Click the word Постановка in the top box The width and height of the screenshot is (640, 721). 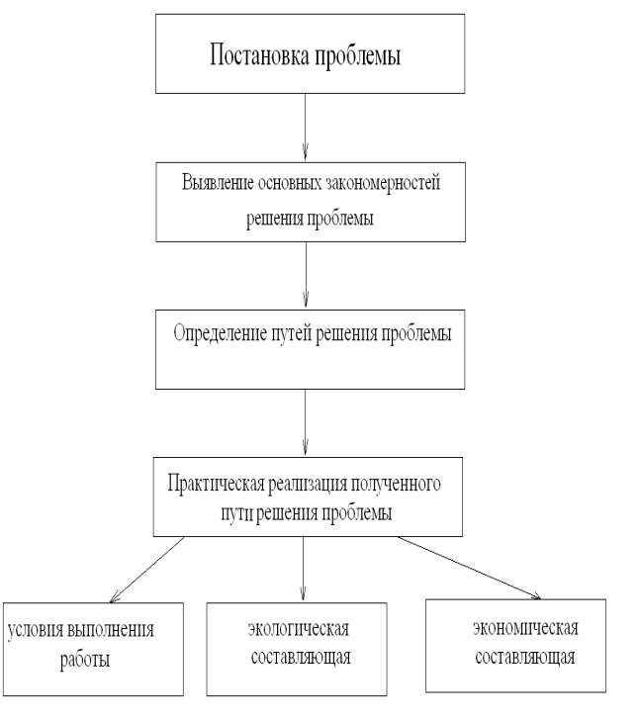coord(260,54)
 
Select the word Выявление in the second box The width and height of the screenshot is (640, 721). coord(218,183)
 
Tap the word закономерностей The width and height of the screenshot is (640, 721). coord(383,183)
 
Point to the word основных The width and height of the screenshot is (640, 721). coord(290,183)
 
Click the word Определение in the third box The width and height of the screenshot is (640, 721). coord(220,333)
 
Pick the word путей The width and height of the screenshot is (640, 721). coord(292,333)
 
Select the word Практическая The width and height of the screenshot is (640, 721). coord(216,484)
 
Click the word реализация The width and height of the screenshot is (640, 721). coord(307,484)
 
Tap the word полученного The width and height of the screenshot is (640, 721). coord(396,484)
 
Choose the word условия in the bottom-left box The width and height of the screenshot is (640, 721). coord(36,629)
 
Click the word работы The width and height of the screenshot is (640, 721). coord(85,660)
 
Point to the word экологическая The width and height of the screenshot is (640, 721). coord(299,629)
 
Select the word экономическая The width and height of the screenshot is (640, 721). coord(525,628)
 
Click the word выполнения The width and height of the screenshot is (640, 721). coord(111,629)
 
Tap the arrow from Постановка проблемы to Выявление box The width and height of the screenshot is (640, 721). coord(305,127)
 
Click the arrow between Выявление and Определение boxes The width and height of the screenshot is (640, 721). coord(306,275)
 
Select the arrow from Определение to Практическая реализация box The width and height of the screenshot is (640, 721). coord(305,422)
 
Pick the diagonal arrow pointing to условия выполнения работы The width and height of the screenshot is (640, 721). coord(146,570)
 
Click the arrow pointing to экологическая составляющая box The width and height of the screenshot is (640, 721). coord(303,569)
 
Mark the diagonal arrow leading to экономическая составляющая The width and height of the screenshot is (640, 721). coord(470,568)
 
